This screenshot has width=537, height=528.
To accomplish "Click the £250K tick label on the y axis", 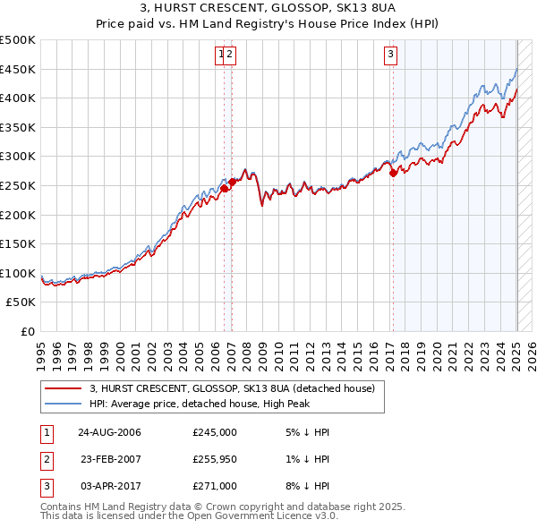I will click(18, 185).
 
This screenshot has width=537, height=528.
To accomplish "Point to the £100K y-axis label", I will click(18, 273).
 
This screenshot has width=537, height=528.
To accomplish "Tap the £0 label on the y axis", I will click(27, 331).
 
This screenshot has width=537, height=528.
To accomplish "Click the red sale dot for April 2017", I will click(393, 174).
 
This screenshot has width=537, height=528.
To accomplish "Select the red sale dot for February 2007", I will click(232, 182).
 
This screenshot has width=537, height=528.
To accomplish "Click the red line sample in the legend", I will click(63, 388).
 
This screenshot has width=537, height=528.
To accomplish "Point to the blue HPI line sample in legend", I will click(63, 404).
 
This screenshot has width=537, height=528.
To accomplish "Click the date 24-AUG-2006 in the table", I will click(109, 432).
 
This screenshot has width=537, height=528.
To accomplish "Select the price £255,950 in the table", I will click(215, 459).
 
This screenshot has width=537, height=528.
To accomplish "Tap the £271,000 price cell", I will click(215, 486).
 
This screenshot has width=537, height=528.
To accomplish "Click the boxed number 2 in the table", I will click(46, 459).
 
